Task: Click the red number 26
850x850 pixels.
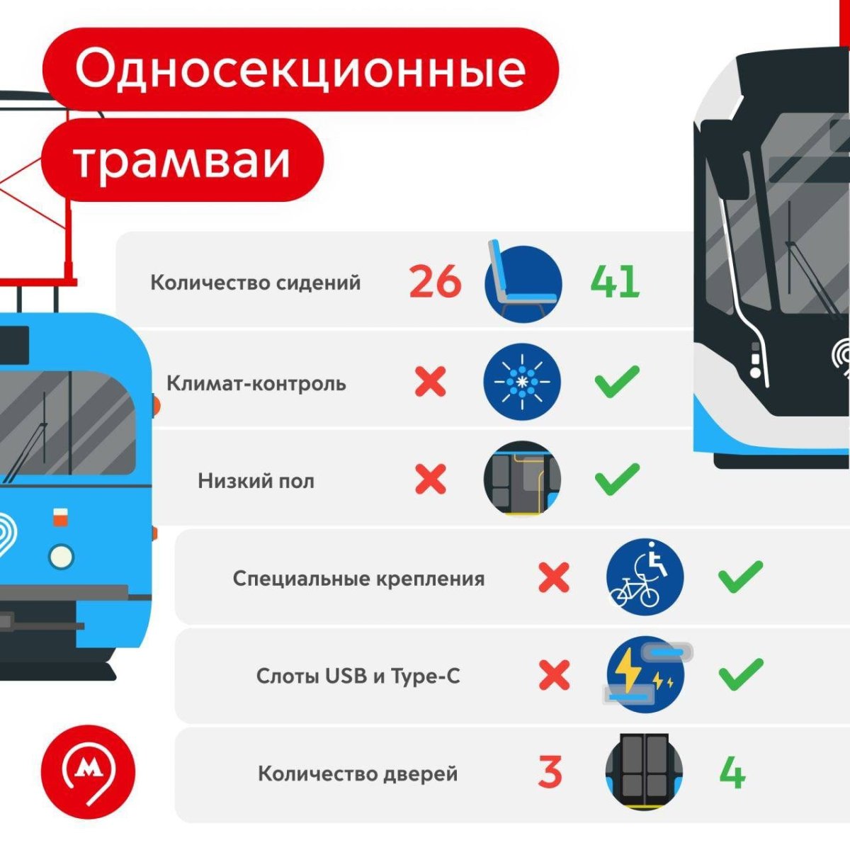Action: (x=435, y=281)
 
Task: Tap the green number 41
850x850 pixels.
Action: (x=615, y=281)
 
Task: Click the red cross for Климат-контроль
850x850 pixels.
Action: (x=431, y=381)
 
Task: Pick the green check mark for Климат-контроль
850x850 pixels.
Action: (x=617, y=381)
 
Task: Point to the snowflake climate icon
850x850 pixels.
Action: (x=522, y=382)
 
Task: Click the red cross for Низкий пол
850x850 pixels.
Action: (x=431, y=479)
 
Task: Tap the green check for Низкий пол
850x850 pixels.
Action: (x=617, y=479)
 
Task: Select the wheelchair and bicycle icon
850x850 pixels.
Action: (x=645, y=577)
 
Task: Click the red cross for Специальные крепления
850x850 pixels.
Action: (x=554, y=577)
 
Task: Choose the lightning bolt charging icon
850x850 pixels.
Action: (x=645, y=675)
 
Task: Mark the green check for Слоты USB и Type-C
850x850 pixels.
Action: (x=741, y=675)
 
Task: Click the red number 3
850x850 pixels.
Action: (x=550, y=772)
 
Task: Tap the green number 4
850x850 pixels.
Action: (x=732, y=772)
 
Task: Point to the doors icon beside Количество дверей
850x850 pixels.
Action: (x=645, y=772)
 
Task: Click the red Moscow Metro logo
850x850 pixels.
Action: (x=89, y=771)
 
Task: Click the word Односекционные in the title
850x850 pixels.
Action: (x=300, y=69)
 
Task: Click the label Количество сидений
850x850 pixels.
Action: (x=256, y=283)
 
